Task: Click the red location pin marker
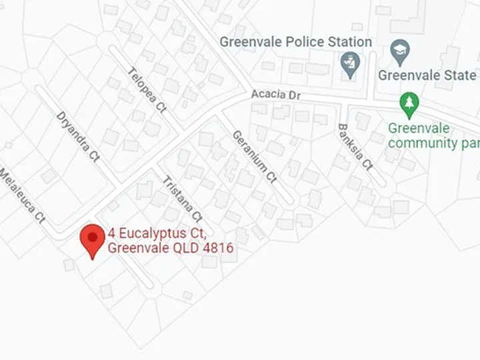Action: pos(92,238)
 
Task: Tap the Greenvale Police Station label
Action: pos(296,42)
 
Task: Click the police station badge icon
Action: pos(349,65)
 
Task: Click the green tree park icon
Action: pos(409,103)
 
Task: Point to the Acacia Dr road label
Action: pos(276,95)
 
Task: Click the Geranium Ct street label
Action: pos(254,156)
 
